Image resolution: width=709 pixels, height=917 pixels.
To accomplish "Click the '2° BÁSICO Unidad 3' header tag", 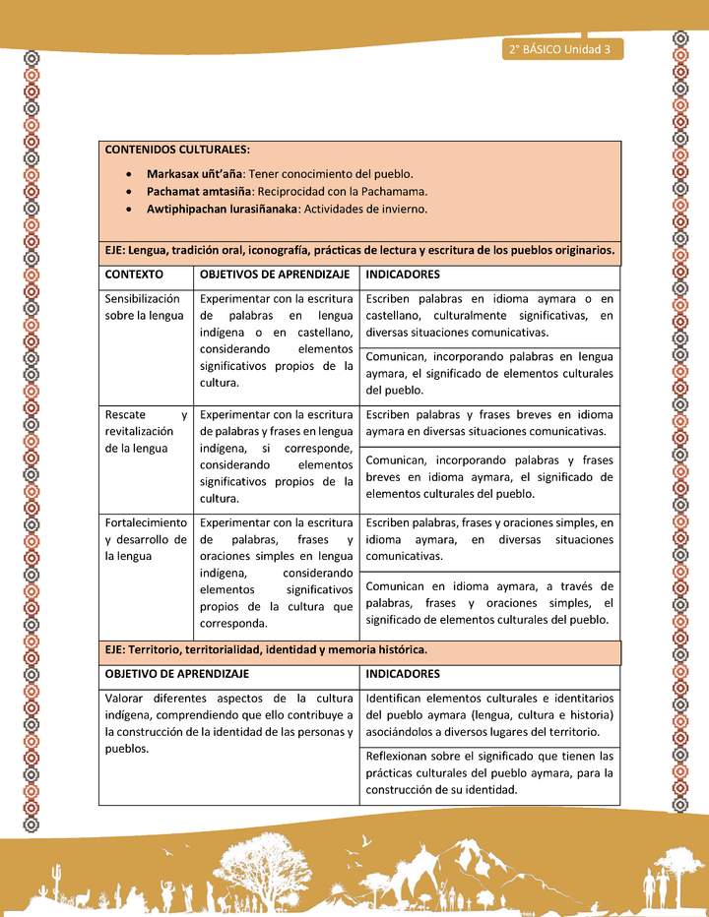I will [x=560, y=49].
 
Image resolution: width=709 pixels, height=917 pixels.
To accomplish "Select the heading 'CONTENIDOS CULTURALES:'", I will [x=177, y=150].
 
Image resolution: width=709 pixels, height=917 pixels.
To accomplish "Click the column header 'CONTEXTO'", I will [x=134, y=274].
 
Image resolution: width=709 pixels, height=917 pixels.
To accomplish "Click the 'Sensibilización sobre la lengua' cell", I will [x=145, y=306].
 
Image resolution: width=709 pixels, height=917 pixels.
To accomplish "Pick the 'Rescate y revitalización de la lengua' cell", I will [x=145, y=431].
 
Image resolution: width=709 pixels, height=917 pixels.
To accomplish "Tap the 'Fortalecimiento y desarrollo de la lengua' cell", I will [x=145, y=539].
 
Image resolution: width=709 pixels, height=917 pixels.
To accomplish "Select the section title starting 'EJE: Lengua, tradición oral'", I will [x=359, y=250].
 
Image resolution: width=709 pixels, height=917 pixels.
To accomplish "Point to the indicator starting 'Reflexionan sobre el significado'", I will [x=489, y=772].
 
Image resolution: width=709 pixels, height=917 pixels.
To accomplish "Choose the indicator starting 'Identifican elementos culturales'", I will [x=489, y=715].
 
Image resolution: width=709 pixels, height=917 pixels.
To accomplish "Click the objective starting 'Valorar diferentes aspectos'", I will [x=228, y=723].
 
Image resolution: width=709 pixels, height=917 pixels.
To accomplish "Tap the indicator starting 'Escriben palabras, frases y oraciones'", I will [x=489, y=539].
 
